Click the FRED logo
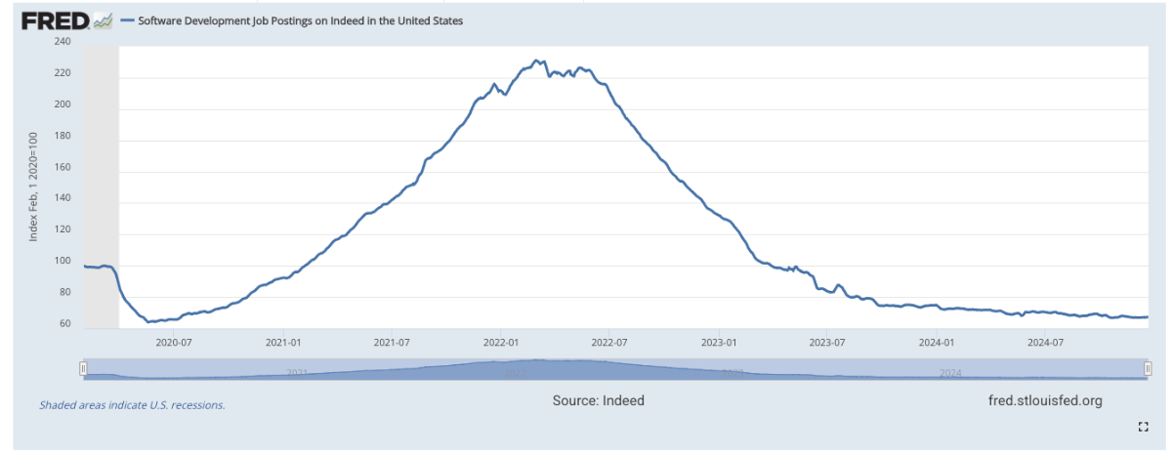point(56,21)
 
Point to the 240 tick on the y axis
point(63,42)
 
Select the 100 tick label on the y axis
point(63,262)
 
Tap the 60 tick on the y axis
point(64,324)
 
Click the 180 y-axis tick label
point(63,137)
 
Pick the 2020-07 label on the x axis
point(173,342)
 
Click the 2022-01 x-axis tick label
point(500,342)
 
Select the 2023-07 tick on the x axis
point(827,342)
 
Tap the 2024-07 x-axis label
point(1045,342)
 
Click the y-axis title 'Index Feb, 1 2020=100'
point(33,186)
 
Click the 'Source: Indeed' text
point(598,400)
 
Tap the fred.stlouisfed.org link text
point(1045,400)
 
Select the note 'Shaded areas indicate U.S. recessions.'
point(132,404)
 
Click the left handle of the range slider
point(83,368)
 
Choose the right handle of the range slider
point(1147,368)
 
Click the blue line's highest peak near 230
point(536,61)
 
